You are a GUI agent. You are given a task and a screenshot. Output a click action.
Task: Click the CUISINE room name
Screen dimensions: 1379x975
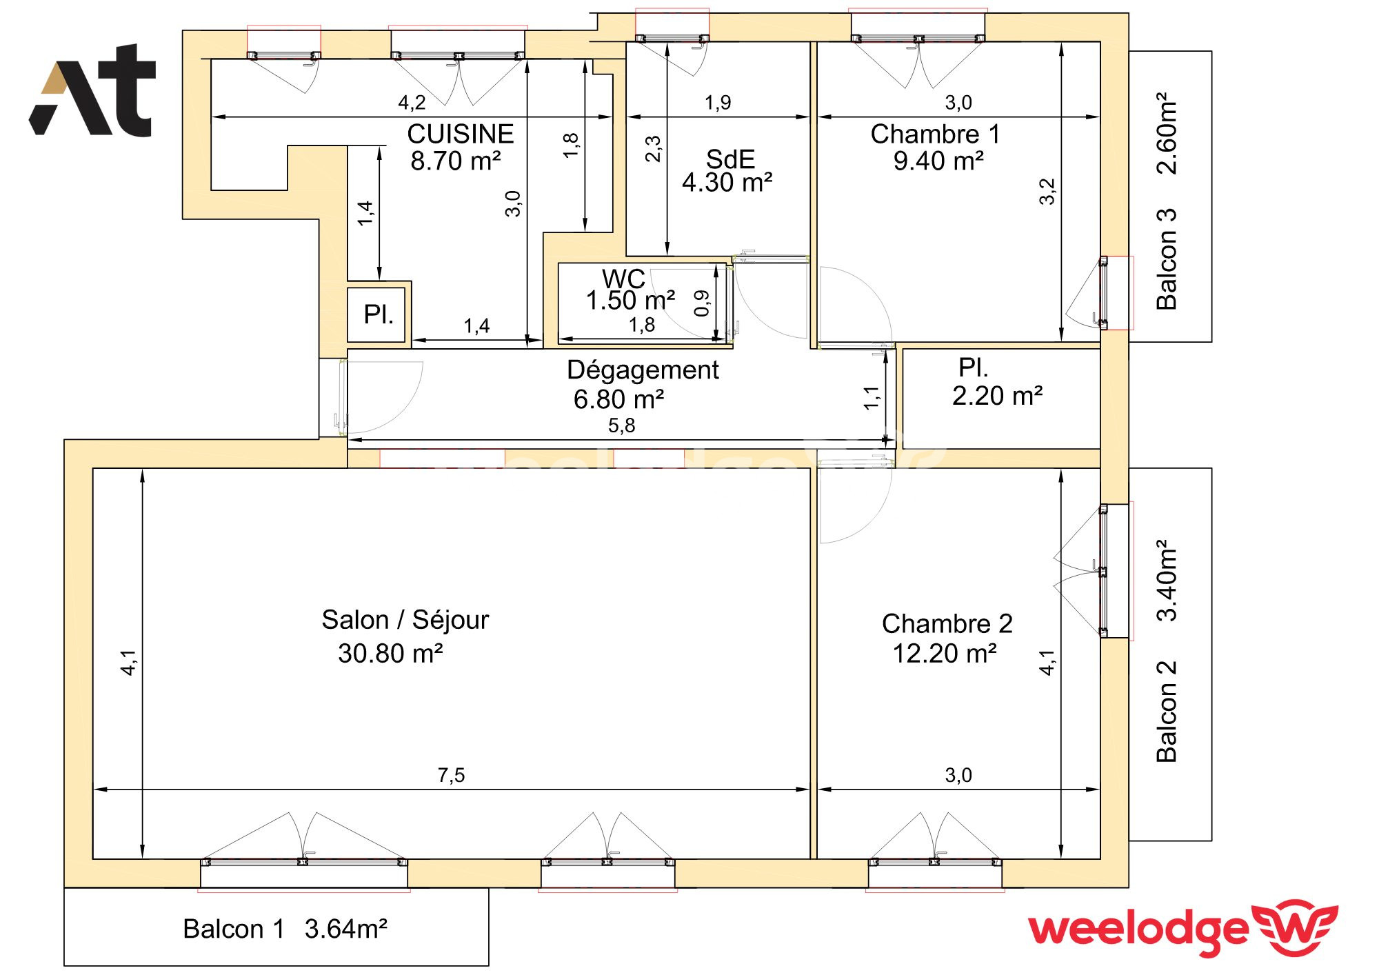(461, 134)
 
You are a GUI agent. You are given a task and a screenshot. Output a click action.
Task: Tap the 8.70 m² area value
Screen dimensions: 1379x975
(456, 161)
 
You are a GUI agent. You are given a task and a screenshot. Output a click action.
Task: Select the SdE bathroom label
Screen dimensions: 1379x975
(730, 159)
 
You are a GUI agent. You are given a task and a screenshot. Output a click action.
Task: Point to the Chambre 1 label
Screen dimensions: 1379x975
(935, 134)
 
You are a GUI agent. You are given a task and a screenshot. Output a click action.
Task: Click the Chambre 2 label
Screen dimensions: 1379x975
(947, 623)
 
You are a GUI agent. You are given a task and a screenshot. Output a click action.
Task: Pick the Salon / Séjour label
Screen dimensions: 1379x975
(405, 620)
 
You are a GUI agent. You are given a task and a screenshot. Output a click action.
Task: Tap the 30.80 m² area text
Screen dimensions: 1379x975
(390, 653)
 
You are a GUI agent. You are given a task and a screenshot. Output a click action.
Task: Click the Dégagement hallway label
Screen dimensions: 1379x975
(643, 370)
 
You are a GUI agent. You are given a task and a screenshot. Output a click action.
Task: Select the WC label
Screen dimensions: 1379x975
(624, 279)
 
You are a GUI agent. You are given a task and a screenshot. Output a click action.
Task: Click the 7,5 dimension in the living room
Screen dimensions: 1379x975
(452, 775)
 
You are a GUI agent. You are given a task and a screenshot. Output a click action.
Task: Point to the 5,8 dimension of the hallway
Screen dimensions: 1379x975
(621, 425)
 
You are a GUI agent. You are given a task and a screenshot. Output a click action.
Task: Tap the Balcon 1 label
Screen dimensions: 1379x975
(234, 929)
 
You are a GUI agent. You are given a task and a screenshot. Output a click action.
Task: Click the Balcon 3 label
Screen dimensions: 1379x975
(1166, 259)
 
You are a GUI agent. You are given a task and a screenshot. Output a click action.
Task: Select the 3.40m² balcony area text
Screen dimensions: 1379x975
(1166, 581)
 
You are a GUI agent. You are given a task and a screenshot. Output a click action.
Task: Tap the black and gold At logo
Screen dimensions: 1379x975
(93, 90)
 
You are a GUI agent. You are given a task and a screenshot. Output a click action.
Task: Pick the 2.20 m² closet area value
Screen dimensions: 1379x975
(997, 396)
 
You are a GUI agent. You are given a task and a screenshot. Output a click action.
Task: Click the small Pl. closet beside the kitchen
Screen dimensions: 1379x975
(379, 314)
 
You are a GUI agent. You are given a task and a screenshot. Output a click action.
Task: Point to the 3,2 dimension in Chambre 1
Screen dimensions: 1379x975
(1047, 192)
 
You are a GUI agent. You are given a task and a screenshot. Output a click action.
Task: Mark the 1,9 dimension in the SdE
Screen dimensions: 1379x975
(718, 103)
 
